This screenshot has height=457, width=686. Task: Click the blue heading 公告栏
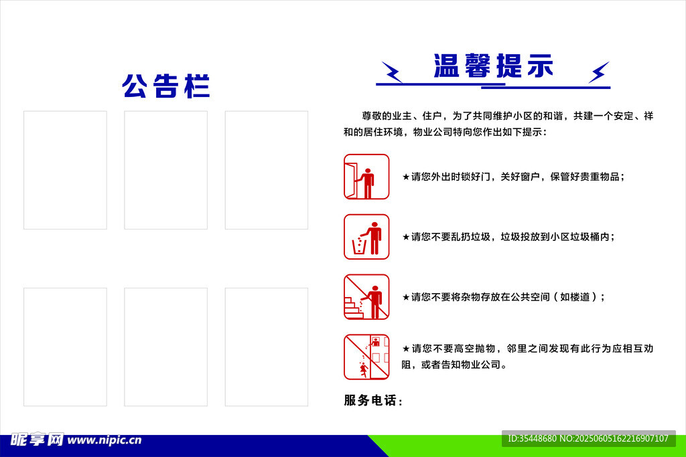click(165, 86)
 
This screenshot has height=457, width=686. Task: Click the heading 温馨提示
click(493, 66)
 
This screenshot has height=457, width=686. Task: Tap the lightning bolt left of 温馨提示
click(392, 72)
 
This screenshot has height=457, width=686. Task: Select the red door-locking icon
click(366, 177)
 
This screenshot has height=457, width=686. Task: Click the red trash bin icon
click(366, 237)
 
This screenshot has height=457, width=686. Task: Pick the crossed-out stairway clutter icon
click(366, 296)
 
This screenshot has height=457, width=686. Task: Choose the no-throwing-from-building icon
click(366, 357)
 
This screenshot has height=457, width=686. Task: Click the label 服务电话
click(372, 401)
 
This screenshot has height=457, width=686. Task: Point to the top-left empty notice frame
click(65, 170)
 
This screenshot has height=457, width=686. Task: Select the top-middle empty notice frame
click(165, 170)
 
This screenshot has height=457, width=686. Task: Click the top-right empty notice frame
click(266, 170)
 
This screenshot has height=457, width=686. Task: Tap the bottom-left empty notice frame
click(65, 347)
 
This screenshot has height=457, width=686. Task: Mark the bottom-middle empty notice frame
click(165, 347)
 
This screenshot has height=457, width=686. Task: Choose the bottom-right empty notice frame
click(266, 347)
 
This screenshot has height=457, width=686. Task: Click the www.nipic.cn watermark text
click(105, 440)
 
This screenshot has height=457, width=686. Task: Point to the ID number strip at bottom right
click(588, 438)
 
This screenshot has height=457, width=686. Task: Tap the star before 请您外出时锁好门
click(405, 177)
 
